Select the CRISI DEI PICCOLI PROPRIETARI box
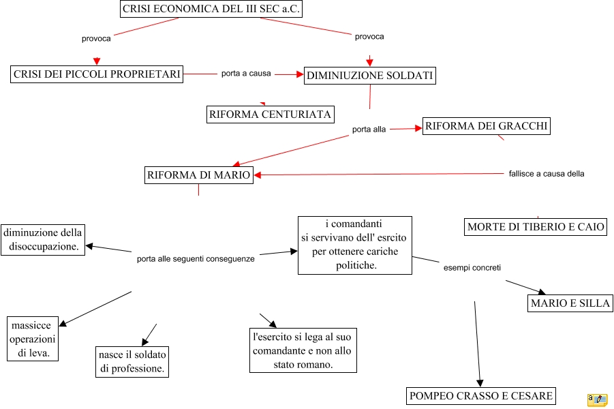97,74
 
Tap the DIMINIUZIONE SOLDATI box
369,76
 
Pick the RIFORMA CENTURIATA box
271,115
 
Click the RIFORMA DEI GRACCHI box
486,126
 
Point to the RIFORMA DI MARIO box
199,175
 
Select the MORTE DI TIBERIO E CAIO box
536,227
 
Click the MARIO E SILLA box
570,303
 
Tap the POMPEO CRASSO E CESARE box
480,396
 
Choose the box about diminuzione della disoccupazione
43,240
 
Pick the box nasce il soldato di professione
132,362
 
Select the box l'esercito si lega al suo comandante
303,350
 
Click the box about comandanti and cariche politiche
355,245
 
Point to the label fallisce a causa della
546,174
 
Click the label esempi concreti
472,268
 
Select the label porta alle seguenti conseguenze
196,259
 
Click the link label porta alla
369,130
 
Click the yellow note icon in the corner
597,399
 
